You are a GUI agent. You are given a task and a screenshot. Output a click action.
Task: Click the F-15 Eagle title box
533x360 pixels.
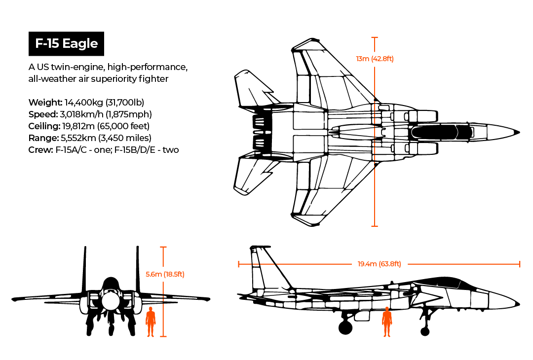tap(66, 43)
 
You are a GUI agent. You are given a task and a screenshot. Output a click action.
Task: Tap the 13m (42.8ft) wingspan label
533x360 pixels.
tap(375, 59)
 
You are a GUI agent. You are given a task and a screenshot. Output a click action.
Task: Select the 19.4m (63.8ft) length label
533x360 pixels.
tap(379, 264)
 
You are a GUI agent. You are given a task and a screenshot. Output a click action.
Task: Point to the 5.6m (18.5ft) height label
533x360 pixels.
tap(165, 274)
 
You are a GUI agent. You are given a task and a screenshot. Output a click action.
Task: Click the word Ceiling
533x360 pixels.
tap(44, 126)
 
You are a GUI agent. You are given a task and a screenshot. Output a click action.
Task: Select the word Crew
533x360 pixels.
tap(39, 150)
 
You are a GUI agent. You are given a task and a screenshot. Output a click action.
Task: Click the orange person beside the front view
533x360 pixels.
tap(151, 322)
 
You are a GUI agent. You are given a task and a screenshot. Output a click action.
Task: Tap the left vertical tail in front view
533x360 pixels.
tap(85, 269)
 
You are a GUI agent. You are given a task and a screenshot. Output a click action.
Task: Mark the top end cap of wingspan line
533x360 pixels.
tap(374, 37)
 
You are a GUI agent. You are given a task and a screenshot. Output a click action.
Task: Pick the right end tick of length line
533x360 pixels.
tap(520, 264)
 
